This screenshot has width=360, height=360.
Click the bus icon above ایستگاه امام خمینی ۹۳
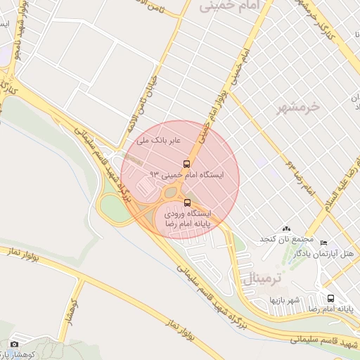pos(186,161)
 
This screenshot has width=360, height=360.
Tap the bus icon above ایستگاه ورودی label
pos(186,203)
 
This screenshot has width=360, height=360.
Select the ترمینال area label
pos(262,278)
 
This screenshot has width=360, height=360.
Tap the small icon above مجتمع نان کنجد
pos(285,229)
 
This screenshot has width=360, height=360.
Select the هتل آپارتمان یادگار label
pos(336,252)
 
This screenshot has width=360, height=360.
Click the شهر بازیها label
pos(285,300)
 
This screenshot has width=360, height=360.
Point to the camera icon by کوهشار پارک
pos(14,345)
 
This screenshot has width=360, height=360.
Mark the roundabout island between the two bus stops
pos(171,192)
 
